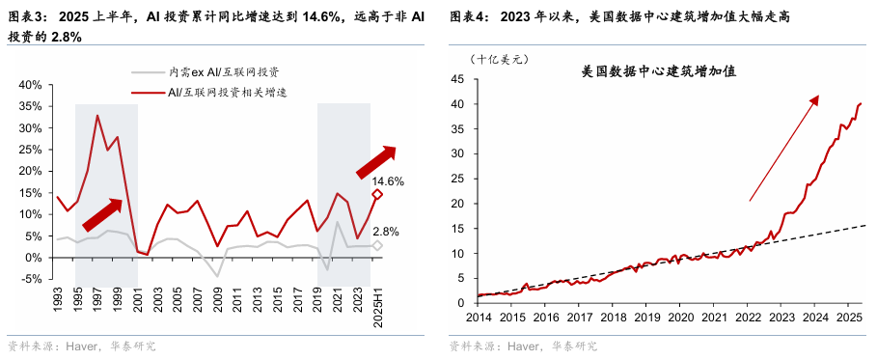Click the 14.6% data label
coord(388,181)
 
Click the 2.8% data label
coord(387,232)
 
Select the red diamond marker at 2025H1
coord(377,195)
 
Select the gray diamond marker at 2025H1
coord(377,246)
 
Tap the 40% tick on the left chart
coord(30,85)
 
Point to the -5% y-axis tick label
coord(30,280)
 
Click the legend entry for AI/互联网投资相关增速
coord(229,92)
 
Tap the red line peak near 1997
coord(97,116)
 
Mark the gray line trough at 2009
coord(217,276)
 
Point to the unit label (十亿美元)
coord(499,59)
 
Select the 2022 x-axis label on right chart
coord(748,317)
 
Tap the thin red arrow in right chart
coord(783,149)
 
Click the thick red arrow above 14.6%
coord(376,161)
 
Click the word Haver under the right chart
coord(522,346)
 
